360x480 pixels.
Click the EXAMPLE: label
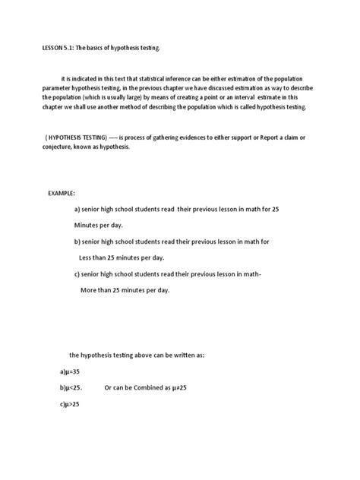pyautogui.click(x=62, y=194)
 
